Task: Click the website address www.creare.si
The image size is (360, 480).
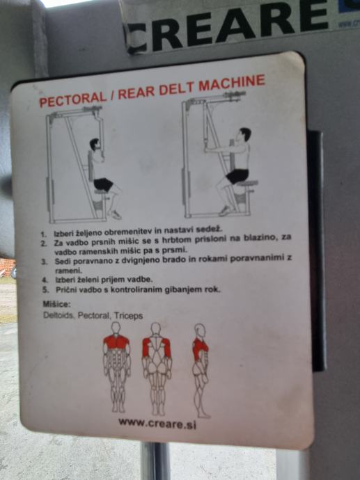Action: [157, 424]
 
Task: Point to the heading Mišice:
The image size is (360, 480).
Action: [56, 304]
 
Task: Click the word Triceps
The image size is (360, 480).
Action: [128, 316]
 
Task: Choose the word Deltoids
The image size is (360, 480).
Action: [58, 315]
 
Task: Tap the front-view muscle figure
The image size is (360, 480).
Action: [116, 367]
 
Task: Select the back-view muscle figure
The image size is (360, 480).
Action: [156, 369]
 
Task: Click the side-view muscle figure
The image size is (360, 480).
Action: [201, 370]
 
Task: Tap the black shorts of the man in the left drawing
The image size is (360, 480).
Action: [104, 184]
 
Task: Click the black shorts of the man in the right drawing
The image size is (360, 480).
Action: [237, 176]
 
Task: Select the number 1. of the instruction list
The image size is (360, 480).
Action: [44, 234]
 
